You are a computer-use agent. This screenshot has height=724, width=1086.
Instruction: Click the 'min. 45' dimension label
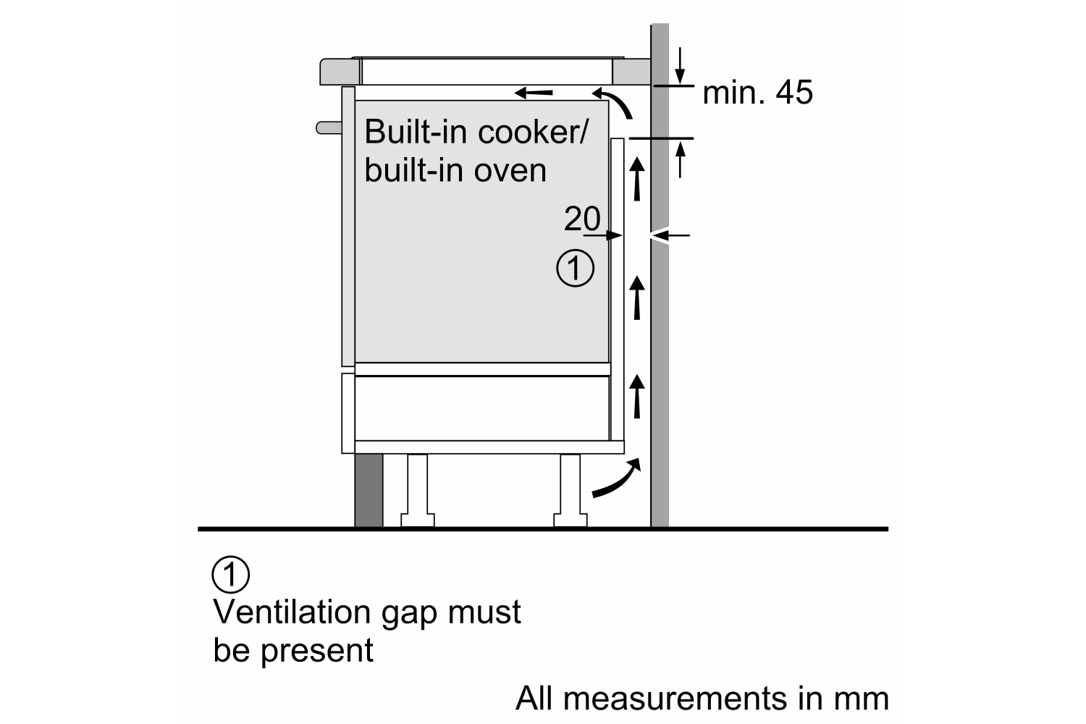[x=757, y=93]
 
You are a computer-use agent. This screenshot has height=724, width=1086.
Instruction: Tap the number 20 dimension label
[x=582, y=219]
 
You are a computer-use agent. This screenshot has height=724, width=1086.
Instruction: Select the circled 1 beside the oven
[x=575, y=269]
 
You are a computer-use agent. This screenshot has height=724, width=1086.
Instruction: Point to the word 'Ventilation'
[x=290, y=612]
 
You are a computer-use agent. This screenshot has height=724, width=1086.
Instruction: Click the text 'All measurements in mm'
[x=702, y=699]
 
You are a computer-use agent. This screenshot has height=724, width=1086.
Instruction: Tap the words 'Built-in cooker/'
[x=476, y=132]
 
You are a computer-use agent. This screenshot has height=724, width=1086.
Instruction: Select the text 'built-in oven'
[x=455, y=170]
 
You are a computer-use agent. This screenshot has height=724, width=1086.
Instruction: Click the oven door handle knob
[x=328, y=128]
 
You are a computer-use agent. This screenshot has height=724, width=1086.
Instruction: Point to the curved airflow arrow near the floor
[x=617, y=480]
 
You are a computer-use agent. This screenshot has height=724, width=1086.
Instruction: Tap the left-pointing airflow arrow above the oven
[x=534, y=93]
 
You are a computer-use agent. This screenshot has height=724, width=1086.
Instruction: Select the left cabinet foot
[x=418, y=490]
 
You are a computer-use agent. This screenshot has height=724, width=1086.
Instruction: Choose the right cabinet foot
[x=569, y=490]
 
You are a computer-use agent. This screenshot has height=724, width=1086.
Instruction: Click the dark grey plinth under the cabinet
[x=369, y=490]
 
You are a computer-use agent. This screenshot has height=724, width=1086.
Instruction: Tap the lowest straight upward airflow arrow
[x=637, y=397]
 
